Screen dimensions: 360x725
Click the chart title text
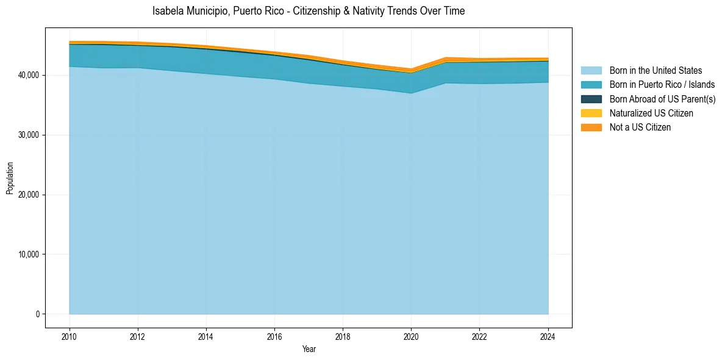(309, 11)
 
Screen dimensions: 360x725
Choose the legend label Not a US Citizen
(640, 128)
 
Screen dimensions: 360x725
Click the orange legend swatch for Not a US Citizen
(591, 128)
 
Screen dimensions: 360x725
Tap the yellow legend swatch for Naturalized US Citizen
(591, 113)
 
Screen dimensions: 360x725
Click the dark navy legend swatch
(591, 99)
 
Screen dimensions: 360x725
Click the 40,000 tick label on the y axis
(28, 75)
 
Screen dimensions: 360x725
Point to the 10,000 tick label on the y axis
(28, 254)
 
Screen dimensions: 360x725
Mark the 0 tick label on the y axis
(37, 314)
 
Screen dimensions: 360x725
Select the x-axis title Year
(309, 349)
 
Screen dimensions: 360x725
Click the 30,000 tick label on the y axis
(28, 135)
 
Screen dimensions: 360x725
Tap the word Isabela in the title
(166, 11)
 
